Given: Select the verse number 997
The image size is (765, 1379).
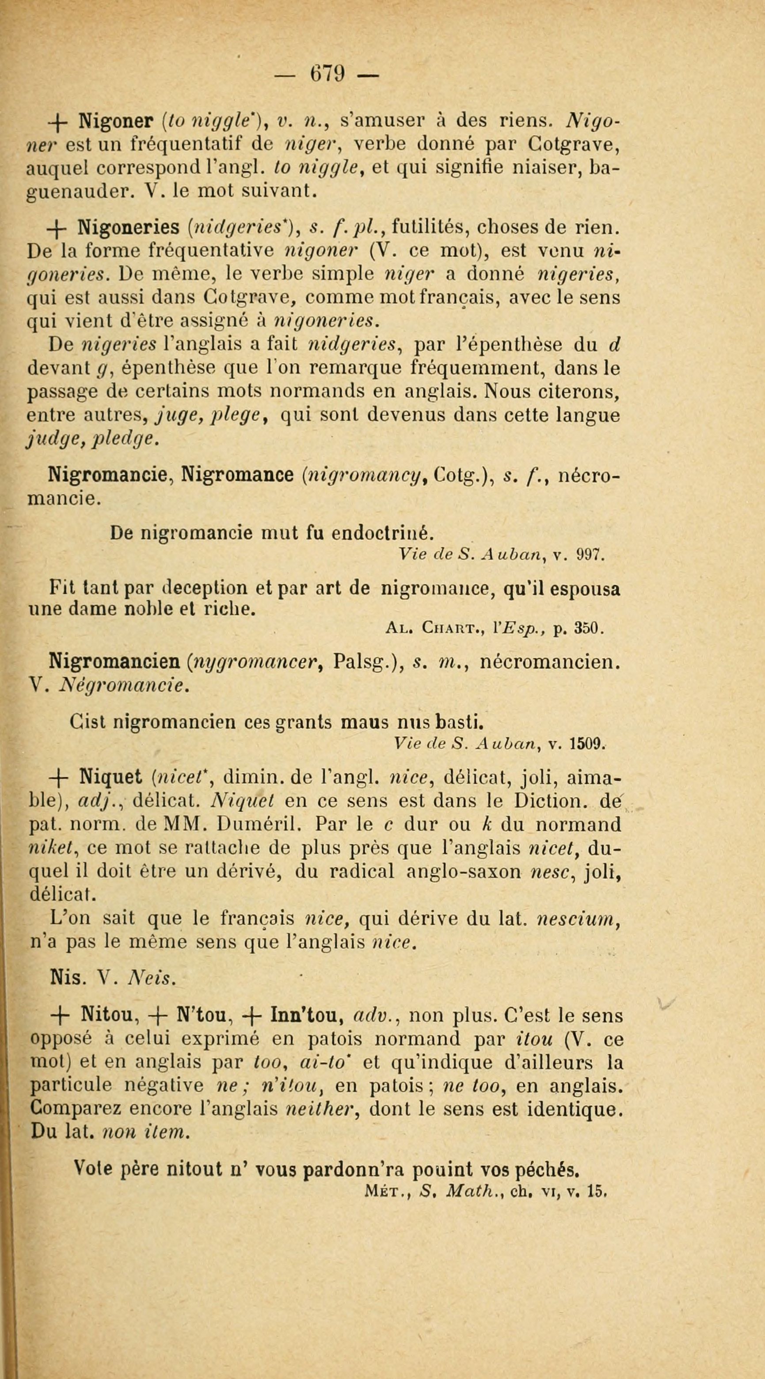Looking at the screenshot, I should pyautogui.click(x=590, y=556).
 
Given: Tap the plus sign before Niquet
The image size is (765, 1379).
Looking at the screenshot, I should pyautogui.click(x=59, y=776).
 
